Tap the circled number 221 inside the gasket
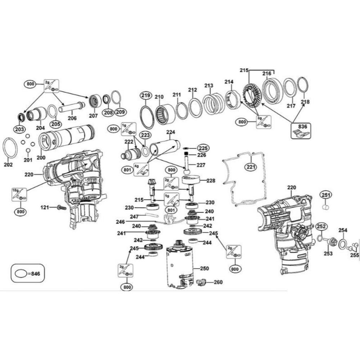click(251, 167)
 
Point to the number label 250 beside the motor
click(204, 269)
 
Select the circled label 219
click(145, 96)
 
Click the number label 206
click(72, 118)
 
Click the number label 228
click(211, 180)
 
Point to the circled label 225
click(203, 148)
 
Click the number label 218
click(305, 102)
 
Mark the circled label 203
click(19, 129)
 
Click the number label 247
click(134, 217)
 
